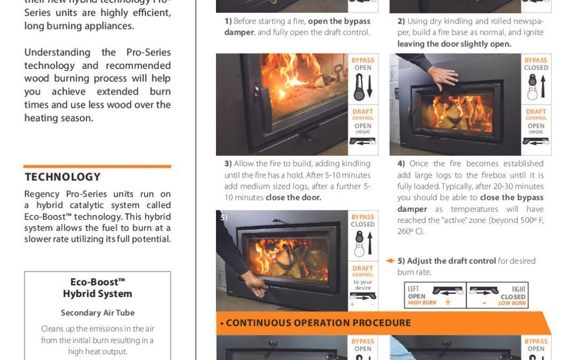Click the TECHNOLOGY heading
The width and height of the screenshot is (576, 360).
[62, 177]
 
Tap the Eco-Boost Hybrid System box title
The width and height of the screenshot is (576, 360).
[98, 288]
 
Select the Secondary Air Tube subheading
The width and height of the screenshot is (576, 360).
[98, 313]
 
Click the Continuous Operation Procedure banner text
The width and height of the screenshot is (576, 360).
[318, 323]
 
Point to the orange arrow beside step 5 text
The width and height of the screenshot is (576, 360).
[390, 261]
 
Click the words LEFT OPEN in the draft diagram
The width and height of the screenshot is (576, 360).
[417, 292]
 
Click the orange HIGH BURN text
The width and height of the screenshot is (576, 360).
[422, 303]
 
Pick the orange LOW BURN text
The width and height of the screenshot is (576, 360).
[512, 303]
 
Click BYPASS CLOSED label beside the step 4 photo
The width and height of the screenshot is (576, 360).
[536, 64]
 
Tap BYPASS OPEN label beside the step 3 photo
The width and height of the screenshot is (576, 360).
[363, 64]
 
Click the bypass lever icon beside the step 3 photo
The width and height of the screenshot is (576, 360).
[359, 87]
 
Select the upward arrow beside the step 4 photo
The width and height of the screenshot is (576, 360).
[543, 87]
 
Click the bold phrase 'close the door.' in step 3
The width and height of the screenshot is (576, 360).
[293, 198]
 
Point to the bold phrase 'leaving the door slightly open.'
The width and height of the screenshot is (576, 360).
[454, 44]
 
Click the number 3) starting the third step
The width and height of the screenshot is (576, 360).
[228, 164]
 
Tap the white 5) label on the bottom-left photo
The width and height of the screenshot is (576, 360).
[223, 218]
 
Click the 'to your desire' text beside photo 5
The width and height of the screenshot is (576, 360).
[363, 285]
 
